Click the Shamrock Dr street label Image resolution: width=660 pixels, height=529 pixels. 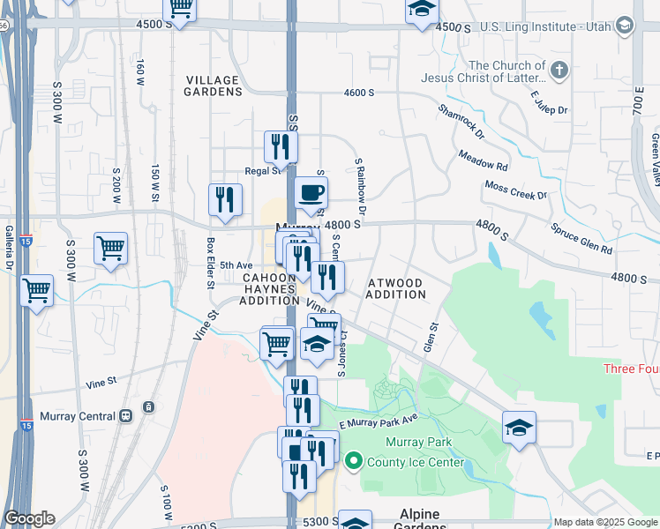click(462, 122)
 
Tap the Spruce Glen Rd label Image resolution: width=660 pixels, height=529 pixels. click(581, 238)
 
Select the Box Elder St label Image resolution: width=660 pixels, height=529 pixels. click(211, 262)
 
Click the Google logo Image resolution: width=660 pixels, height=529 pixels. click(29, 518)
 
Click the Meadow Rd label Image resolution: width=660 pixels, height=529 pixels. click(483, 160)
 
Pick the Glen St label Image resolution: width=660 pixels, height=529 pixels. click(431, 338)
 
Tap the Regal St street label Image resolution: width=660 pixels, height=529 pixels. click(262, 171)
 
